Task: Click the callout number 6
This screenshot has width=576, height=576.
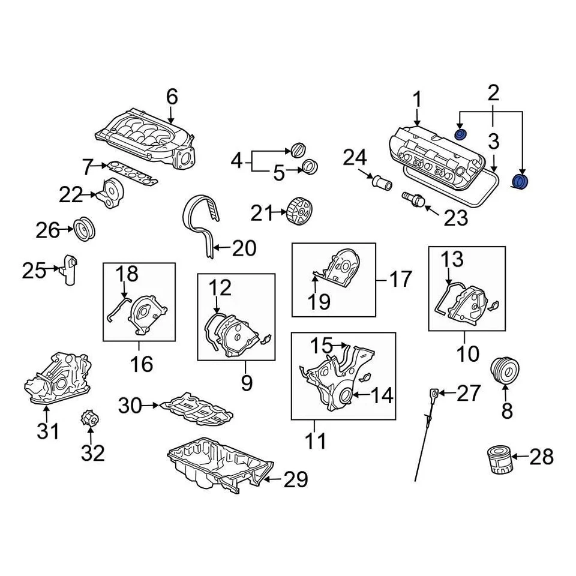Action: click(x=172, y=96)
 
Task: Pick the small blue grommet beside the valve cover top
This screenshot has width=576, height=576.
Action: click(x=461, y=133)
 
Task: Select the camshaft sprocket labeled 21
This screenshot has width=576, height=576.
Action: click(x=298, y=212)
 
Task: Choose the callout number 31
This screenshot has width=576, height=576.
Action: click(x=48, y=431)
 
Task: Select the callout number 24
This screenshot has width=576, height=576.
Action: click(x=354, y=158)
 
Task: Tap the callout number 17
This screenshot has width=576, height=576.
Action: click(x=400, y=279)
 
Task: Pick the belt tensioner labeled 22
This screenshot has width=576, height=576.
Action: click(x=110, y=194)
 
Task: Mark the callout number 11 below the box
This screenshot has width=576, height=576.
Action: click(x=316, y=442)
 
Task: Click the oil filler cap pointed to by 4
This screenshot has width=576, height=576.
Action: click(x=298, y=150)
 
